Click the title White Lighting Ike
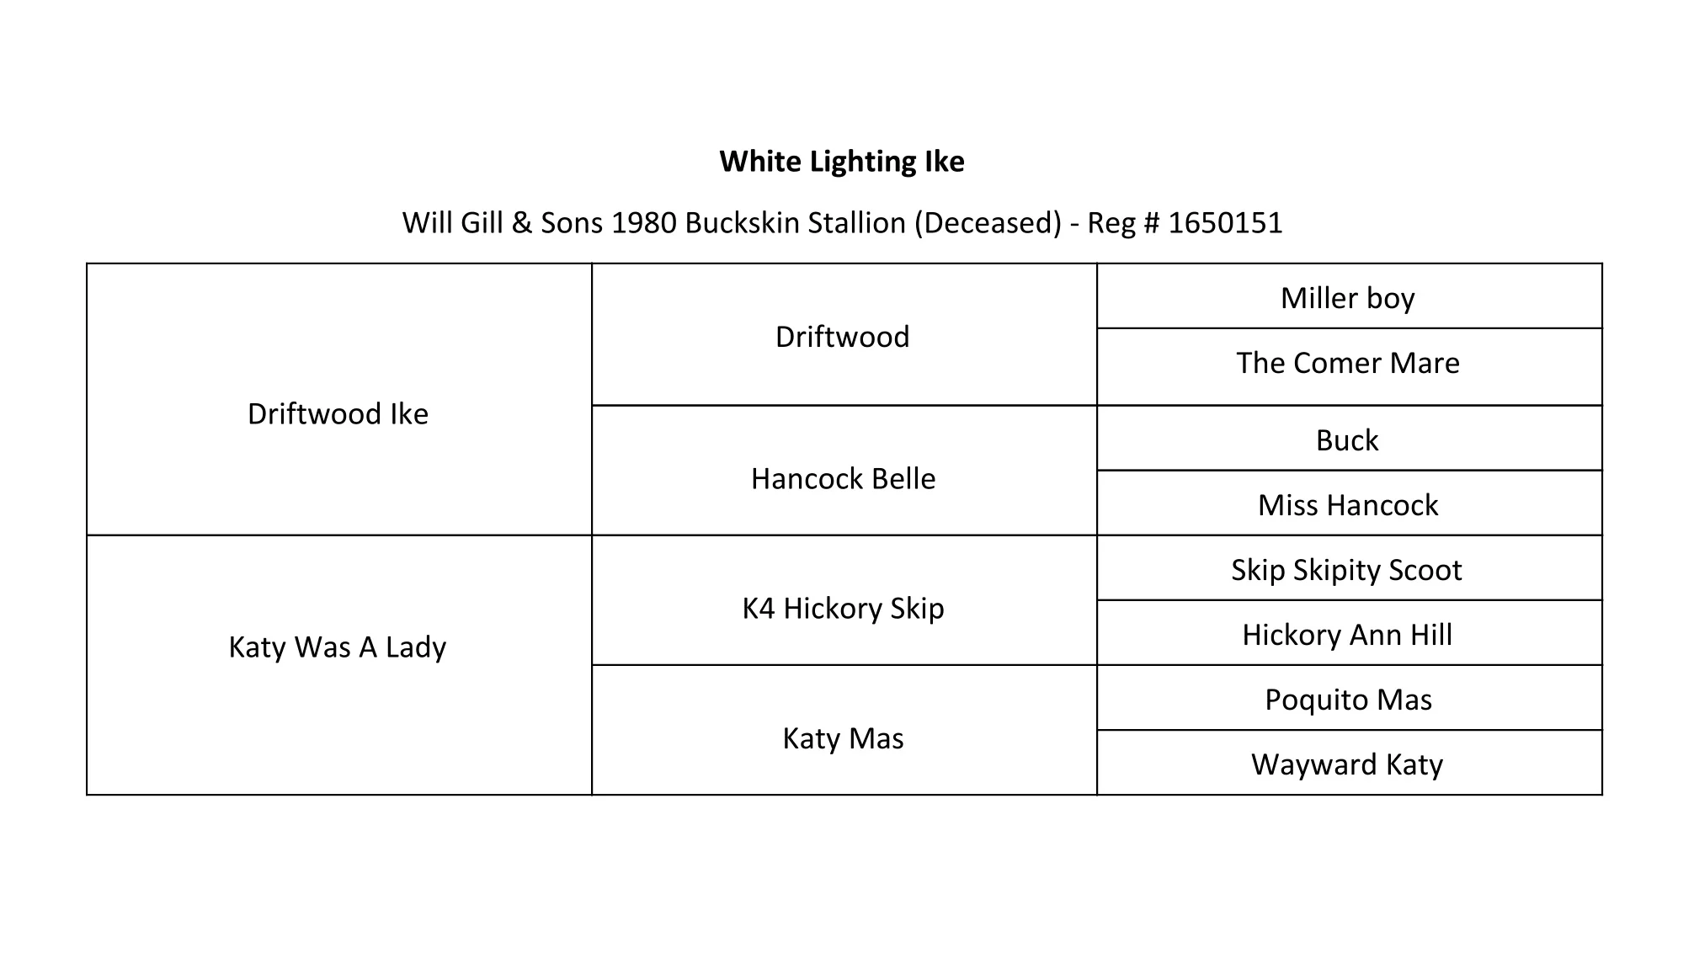point(842,162)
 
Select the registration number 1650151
point(1225,223)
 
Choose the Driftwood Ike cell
point(338,414)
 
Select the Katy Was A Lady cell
point(338,647)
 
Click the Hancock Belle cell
point(843,479)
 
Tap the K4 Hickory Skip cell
point(843,609)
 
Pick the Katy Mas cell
point(843,738)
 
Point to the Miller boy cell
point(1347,298)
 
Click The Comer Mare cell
point(1347,363)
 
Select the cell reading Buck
point(1347,440)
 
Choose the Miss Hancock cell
point(1347,505)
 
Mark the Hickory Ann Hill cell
point(1347,635)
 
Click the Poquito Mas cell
point(1347,700)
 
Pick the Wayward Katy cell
point(1347,764)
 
